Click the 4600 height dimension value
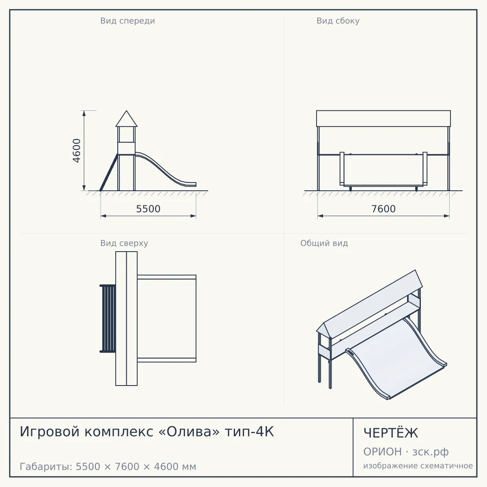[x=77, y=151]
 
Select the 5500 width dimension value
[x=148, y=209]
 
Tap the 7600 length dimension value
[x=384, y=209]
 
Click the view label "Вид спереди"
[x=127, y=21]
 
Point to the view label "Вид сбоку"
[x=338, y=21]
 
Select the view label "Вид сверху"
[x=124, y=243]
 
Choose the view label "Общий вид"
[x=324, y=243]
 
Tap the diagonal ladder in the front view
[x=109, y=172]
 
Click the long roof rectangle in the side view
[x=384, y=119]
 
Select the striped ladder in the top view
[x=108, y=319]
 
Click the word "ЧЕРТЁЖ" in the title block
[x=391, y=433]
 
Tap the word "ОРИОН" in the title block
[x=382, y=452]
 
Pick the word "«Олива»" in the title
[x=189, y=432]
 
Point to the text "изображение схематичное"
[x=418, y=465]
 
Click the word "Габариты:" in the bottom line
[x=46, y=467]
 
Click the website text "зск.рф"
[x=431, y=452]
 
